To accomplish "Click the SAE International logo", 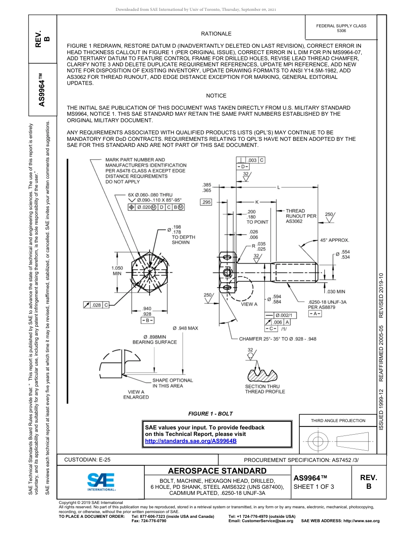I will click(x=101, y=481).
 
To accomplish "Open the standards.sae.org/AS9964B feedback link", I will click(x=190, y=441).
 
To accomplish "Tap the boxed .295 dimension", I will click(x=206, y=202).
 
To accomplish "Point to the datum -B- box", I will click(x=147, y=320).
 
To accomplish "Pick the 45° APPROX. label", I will click(x=334, y=240).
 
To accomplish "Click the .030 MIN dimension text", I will click(x=336, y=292).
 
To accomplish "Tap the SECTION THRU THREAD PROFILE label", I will click(x=265, y=389).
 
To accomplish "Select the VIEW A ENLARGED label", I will click(x=136, y=394).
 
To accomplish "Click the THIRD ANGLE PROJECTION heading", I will click(x=338, y=420).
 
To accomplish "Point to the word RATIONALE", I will click(x=216, y=34).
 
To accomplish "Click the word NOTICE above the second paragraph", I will click(x=216, y=96).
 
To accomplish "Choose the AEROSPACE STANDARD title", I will click(x=217, y=471).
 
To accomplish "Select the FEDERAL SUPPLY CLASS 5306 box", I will click(x=341, y=28).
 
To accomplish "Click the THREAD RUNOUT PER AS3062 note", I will click(x=301, y=216).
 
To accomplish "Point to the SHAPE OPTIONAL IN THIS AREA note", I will click(x=173, y=383).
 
